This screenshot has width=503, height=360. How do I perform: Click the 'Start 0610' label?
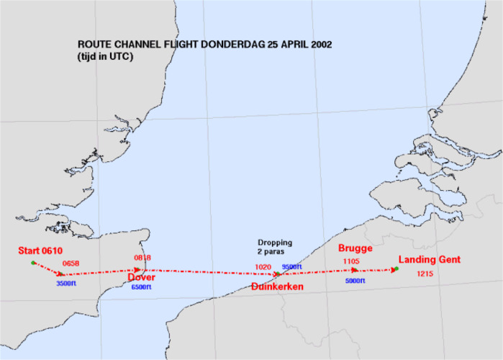point(41,251)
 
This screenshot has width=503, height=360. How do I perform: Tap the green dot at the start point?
point(33,263)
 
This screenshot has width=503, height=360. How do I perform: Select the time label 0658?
point(73,264)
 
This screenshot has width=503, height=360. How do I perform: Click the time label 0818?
point(143,258)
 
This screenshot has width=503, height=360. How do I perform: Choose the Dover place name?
point(142,277)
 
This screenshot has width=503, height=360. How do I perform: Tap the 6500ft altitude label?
point(141,288)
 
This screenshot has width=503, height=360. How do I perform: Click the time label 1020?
point(263,267)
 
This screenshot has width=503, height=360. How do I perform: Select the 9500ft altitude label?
point(292,267)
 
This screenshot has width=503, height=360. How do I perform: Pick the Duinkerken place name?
point(278,287)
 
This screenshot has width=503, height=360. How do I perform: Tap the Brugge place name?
point(355,248)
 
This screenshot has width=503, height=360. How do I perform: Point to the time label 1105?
point(353,261)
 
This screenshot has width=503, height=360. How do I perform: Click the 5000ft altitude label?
point(355,281)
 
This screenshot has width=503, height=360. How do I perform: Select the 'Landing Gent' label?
point(430,260)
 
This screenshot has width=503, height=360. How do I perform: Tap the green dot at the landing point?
point(396,269)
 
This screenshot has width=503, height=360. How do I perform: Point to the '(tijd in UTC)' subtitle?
point(107,56)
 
